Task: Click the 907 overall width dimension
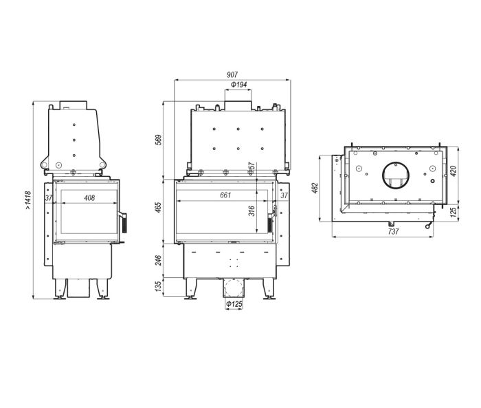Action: [x=232, y=75]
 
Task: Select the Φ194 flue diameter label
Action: [x=238, y=85]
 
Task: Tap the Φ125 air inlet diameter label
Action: [x=234, y=304]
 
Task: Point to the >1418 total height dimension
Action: [x=28, y=200]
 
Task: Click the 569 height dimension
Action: [x=158, y=140]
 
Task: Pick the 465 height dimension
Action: [x=158, y=207]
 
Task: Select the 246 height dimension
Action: [x=158, y=261]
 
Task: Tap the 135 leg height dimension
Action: [x=158, y=286]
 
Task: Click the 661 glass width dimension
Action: [x=225, y=195]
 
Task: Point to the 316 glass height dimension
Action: [x=251, y=211]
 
